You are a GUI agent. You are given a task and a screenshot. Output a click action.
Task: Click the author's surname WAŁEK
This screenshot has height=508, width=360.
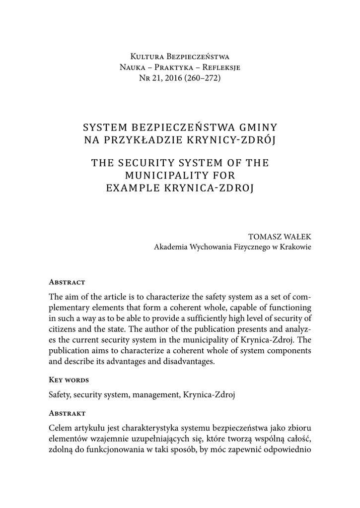[298, 237]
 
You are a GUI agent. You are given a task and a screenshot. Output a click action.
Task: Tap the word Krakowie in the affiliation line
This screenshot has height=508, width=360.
[297, 247]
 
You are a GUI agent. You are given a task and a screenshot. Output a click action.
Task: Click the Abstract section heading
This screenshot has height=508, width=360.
[67, 282]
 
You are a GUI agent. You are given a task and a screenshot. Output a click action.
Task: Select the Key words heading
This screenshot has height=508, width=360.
[69, 380]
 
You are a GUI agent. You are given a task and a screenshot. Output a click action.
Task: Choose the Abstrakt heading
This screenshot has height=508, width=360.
[68, 413]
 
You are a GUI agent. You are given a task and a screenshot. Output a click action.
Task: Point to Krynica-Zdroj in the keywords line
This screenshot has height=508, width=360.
[209, 395]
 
